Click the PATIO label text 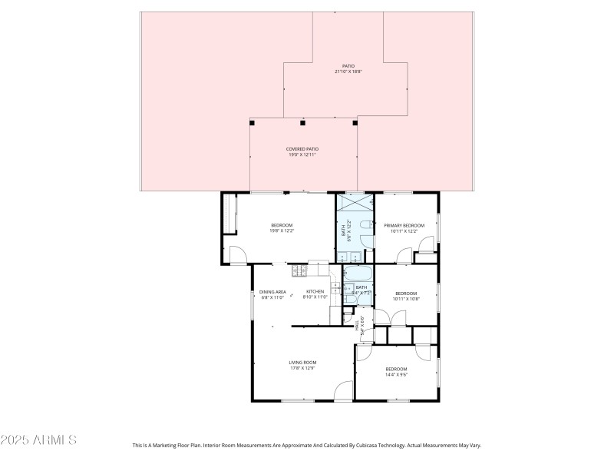point(348,66)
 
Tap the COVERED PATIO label point(302,149)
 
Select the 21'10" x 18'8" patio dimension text point(348,71)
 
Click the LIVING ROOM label point(302,362)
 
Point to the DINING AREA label point(272,291)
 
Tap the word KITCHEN point(315,291)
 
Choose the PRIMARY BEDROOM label point(404,225)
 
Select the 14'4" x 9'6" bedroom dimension point(396,375)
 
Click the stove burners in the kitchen point(299,270)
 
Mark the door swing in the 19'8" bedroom point(238,254)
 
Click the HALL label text point(357,326)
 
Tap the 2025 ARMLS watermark point(38,440)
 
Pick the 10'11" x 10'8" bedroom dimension point(405,298)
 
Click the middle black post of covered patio point(303,122)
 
